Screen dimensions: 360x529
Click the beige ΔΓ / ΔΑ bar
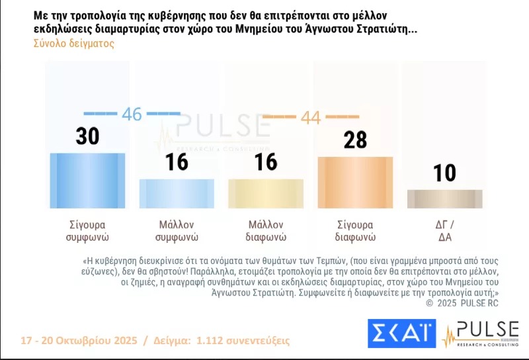click(444, 199)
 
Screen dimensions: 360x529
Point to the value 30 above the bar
click(87, 136)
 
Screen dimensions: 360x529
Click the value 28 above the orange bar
click(354, 140)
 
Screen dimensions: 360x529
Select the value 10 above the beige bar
click(444, 173)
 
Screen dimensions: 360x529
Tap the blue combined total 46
click(132, 114)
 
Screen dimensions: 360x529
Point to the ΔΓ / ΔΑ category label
click(444, 230)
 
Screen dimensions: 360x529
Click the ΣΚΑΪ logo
click(401, 334)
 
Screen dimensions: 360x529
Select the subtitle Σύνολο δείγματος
click(73, 43)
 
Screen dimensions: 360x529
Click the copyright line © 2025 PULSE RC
click(462, 302)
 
